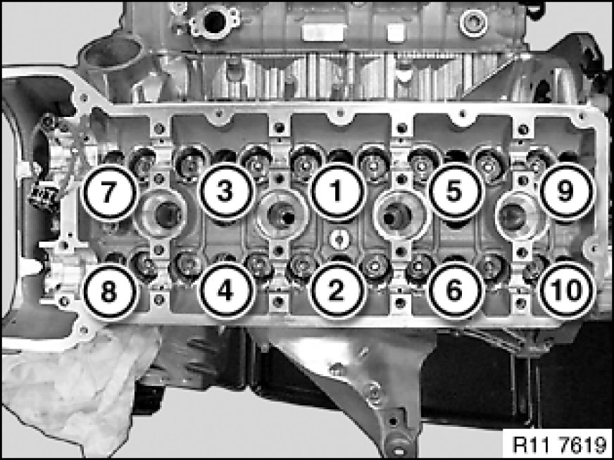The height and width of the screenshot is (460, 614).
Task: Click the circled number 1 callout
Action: [x=337, y=192]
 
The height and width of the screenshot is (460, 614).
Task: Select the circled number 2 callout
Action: [x=337, y=291]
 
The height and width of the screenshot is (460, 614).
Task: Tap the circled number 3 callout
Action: [x=225, y=192]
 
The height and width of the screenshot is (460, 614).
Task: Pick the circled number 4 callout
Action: [x=225, y=291]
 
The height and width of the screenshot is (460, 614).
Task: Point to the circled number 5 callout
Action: [x=455, y=192]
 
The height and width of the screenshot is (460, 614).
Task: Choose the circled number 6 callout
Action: [x=455, y=291]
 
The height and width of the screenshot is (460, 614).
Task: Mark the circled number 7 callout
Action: [x=109, y=192]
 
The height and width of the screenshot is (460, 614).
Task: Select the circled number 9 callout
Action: [x=566, y=192]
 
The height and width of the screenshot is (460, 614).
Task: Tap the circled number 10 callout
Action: [x=566, y=291]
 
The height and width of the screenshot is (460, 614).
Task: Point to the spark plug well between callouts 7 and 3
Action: [x=161, y=214]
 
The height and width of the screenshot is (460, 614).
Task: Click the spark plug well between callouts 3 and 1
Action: [x=282, y=216]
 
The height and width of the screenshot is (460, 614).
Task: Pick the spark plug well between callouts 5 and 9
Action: [x=522, y=216]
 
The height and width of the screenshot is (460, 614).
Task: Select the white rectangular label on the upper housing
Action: [x=324, y=32]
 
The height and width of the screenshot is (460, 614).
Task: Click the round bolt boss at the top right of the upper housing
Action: [x=474, y=23]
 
